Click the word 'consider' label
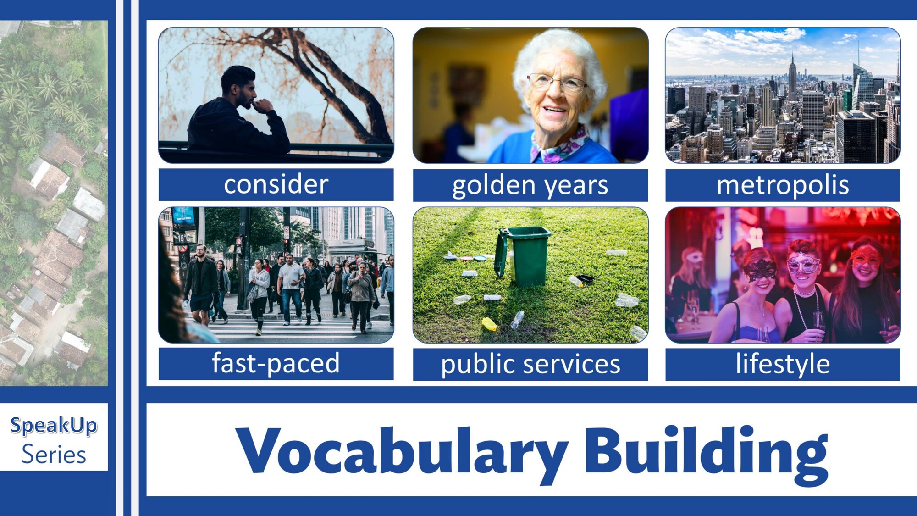click(276, 184)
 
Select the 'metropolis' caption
click(783, 185)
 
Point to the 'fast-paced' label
click(276, 363)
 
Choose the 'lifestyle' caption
click(783, 364)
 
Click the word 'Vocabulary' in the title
click(402, 452)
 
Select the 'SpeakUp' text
click(54, 426)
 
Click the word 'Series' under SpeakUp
click(54, 455)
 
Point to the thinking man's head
click(238, 86)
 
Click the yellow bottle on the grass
click(489, 324)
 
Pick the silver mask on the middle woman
click(803, 263)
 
